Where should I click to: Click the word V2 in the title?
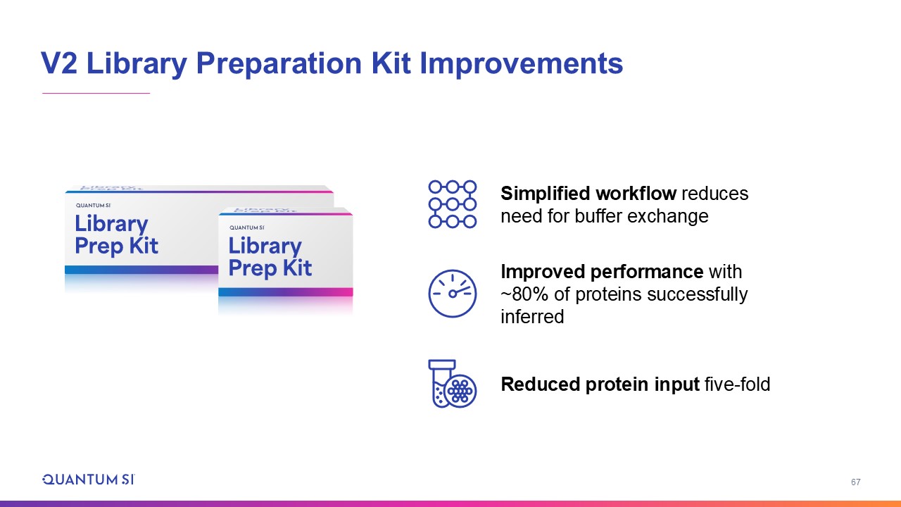(x=58, y=63)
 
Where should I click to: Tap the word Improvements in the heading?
(x=522, y=63)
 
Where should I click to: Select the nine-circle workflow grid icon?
(x=453, y=204)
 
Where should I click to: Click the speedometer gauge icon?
(x=453, y=294)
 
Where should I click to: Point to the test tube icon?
(x=442, y=384)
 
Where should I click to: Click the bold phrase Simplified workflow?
(x=588, y=194)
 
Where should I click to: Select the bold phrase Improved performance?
(x=602, y=272)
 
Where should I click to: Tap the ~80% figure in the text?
(x=524, y=294)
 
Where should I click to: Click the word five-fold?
(x=737, y=384)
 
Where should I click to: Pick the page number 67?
(x=855, y=482)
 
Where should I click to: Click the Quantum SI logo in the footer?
(x=89, y=480)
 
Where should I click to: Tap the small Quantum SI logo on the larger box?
(x=93, y=205)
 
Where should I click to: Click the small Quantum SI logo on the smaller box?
(x=247, y=227)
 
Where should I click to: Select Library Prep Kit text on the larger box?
(x=117, y=235)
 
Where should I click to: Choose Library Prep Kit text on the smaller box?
(x=270, y=258)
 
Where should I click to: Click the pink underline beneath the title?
(x=96, y=94)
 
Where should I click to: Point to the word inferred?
(x=532, y=317)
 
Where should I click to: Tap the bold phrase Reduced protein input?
(x=600, y=384)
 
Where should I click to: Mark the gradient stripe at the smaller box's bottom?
(x=286, y=292)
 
